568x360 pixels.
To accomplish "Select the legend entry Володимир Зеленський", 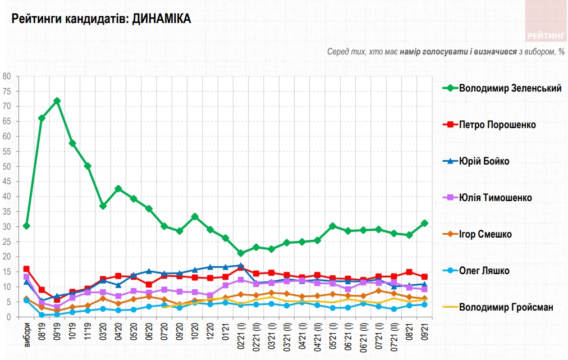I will click(x=510, y=88).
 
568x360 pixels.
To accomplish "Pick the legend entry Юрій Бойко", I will click(x=484, y=161).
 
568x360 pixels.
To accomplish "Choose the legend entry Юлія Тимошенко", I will click(x=495, y=198).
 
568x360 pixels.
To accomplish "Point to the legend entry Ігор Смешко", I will click(x=485, y=234).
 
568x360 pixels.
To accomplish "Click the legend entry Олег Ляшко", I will click(x=484, y=271).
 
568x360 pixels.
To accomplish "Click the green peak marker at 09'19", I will click(x=57, y=101).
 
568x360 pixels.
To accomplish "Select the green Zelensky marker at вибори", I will click(x=26, y=226).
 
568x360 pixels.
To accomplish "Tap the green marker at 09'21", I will click(x=425, y=223).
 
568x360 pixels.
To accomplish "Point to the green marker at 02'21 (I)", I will click(x=241, y=253).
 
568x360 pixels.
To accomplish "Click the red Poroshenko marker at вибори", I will click(x=26, y=269).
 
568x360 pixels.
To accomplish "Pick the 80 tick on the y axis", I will click(x=7, y=76).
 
